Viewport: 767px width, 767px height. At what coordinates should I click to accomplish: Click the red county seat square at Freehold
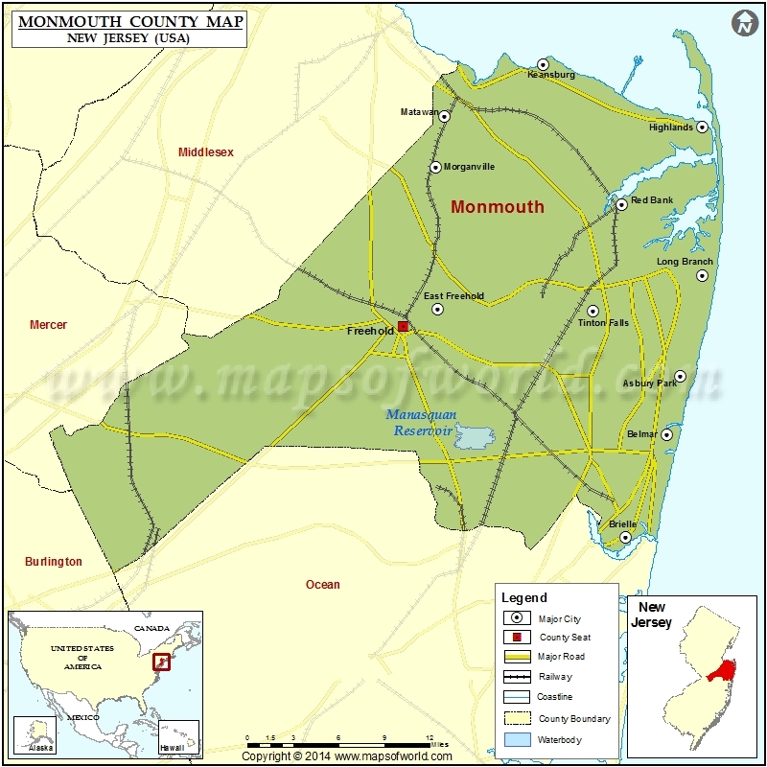click(x=404, y=327)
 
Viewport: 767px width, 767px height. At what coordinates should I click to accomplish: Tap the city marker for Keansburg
click(x=543, y=64)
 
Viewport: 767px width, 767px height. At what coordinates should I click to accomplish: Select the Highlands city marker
click(x=702, y=127)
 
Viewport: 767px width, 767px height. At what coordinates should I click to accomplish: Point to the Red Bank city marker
click(x=621, y=203)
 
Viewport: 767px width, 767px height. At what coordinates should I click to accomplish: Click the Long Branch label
click(x=684, y=262)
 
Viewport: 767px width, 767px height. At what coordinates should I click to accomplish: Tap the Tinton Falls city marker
click(x=593, y=311)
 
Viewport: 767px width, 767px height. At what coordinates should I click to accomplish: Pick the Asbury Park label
click(x=650, y=383)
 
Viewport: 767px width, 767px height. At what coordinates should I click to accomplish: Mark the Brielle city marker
click(x=625, y=538)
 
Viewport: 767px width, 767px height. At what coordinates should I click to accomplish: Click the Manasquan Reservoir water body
click(x=473, y=438)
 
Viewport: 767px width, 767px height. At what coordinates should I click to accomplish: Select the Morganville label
click(x=470, y=167)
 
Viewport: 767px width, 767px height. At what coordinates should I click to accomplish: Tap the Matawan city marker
click(x=444, y=113)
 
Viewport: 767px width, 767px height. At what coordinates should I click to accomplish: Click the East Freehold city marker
click(x=437, y=310)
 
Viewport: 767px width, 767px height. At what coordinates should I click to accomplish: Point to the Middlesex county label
click(x=206, y=152)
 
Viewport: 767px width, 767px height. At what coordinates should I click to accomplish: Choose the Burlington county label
click(x=54, y=562)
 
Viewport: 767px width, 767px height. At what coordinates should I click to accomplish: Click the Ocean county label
click(x=322, y=585)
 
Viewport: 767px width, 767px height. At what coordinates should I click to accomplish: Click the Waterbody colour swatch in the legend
click(x=517, y=738)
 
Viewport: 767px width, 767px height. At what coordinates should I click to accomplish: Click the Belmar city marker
click(x=666, y=434)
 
